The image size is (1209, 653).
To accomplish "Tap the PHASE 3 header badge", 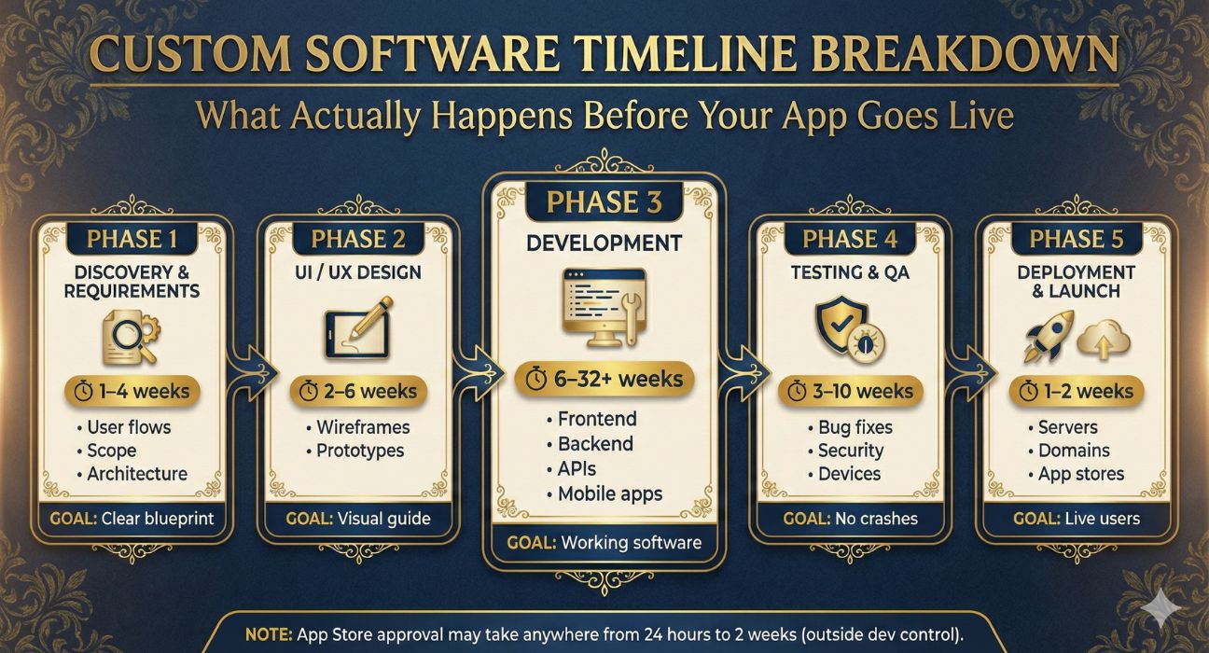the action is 604,202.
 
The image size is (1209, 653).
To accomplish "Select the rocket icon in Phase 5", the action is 1048,336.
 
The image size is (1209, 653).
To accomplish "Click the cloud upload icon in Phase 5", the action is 1104,339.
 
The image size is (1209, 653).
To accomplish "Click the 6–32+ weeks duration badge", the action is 604,379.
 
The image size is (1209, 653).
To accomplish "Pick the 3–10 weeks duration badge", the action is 850,391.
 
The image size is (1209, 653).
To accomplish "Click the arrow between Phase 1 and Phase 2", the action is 253,371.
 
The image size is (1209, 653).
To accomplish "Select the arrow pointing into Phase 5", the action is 971,372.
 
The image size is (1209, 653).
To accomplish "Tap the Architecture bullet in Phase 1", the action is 132,474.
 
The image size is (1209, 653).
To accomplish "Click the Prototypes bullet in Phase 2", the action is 355,451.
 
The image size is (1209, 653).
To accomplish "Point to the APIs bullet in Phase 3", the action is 572,468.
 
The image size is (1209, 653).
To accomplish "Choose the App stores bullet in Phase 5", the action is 1077,474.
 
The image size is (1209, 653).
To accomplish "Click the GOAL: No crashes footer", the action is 850,519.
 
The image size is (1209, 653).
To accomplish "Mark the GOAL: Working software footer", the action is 604,542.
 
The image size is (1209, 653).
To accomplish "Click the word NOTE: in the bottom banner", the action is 269,634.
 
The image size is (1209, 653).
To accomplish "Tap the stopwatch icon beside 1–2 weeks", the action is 1028,391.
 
